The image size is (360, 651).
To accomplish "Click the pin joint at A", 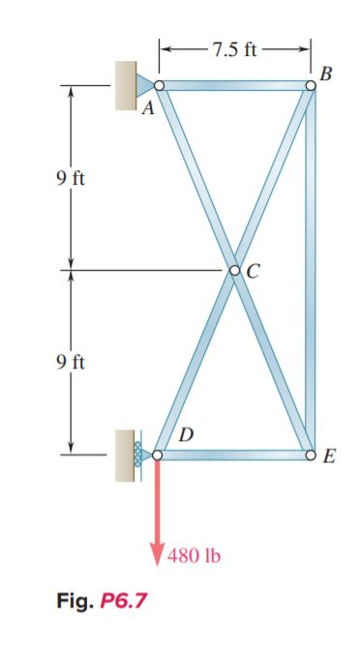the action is [160, 86].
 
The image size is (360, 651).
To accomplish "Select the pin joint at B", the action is [310, 86].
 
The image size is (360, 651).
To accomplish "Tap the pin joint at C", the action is [235, 270].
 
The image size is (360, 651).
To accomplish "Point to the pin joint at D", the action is [158, 453].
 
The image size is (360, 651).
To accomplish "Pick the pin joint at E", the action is [310, 453].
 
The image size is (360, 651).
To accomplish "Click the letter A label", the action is [148, 108].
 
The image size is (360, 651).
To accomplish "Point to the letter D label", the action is [186, 433].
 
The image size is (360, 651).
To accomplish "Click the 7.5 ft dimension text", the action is [234, 48].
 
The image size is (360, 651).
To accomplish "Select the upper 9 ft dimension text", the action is [71, 180].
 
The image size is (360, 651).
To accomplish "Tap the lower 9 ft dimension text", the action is [71, 363].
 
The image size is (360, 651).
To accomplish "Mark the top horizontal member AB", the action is [234, 86].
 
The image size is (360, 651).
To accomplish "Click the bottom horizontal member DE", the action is [234, 453].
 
